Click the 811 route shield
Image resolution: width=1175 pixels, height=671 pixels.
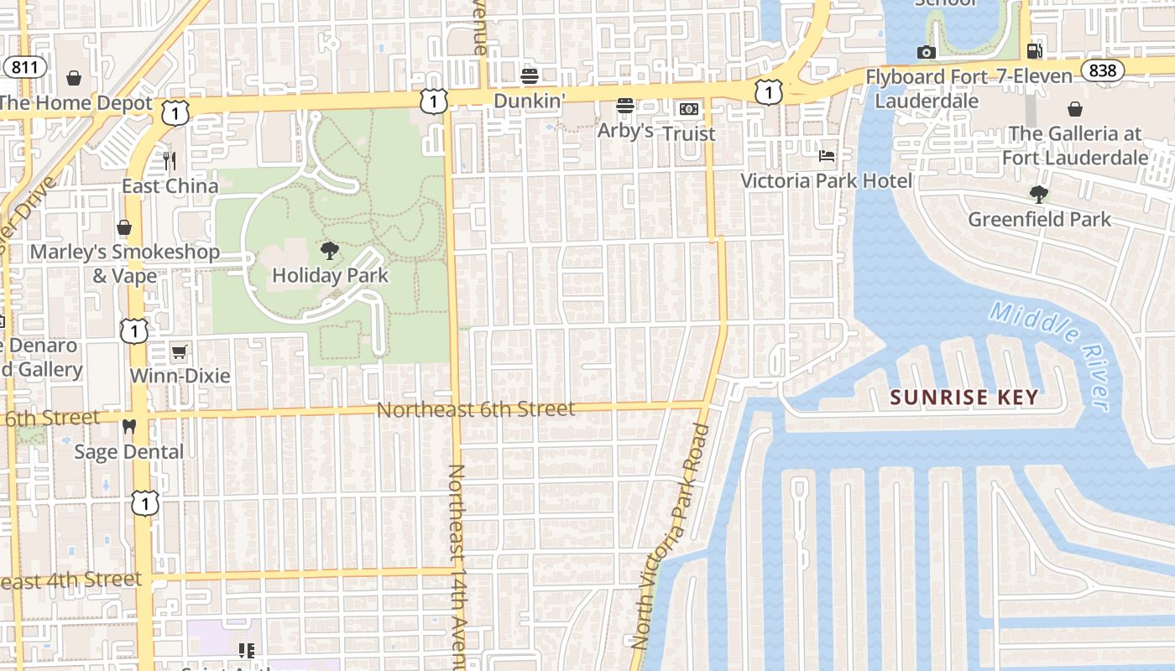click(x=24, y=68)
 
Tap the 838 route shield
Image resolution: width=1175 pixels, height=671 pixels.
click(x=1103, y=70)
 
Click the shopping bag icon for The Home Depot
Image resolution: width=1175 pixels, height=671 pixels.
click(x=74, y=79)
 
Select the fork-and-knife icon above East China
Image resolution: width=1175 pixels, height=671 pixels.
click(x=170, y=160)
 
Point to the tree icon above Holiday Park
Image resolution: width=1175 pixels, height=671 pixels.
click(x=330, y=250)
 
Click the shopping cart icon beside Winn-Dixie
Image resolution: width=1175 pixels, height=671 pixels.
click(x=179, y=351)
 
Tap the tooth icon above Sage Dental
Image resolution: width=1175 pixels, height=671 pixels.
click(x=128, y=426)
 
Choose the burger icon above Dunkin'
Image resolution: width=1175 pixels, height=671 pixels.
click(x=529, y=76)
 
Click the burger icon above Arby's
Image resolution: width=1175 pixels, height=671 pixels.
click(x=624, y=106)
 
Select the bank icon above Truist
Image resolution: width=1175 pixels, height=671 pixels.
click(x=688, y=108)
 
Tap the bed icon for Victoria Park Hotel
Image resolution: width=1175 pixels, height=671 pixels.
click(x=827, y=155)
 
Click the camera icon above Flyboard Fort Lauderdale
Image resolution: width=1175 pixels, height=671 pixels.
click(x=927, y=53)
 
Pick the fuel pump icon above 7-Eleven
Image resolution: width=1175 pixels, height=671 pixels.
click(x=1035, y=51)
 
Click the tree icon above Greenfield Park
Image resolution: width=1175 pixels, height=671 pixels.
click(x=1039, y=195)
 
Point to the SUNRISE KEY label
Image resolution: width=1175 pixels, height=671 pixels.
click(x=964, y=397)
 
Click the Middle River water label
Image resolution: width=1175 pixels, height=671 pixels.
click(x=1051, y=355)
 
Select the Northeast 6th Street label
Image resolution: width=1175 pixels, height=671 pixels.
click(x=476, y=409)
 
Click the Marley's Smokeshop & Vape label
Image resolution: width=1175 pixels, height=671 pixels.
click(x=125, y=263)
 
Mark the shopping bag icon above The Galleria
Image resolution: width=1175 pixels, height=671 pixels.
click(x=1075, y=109)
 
